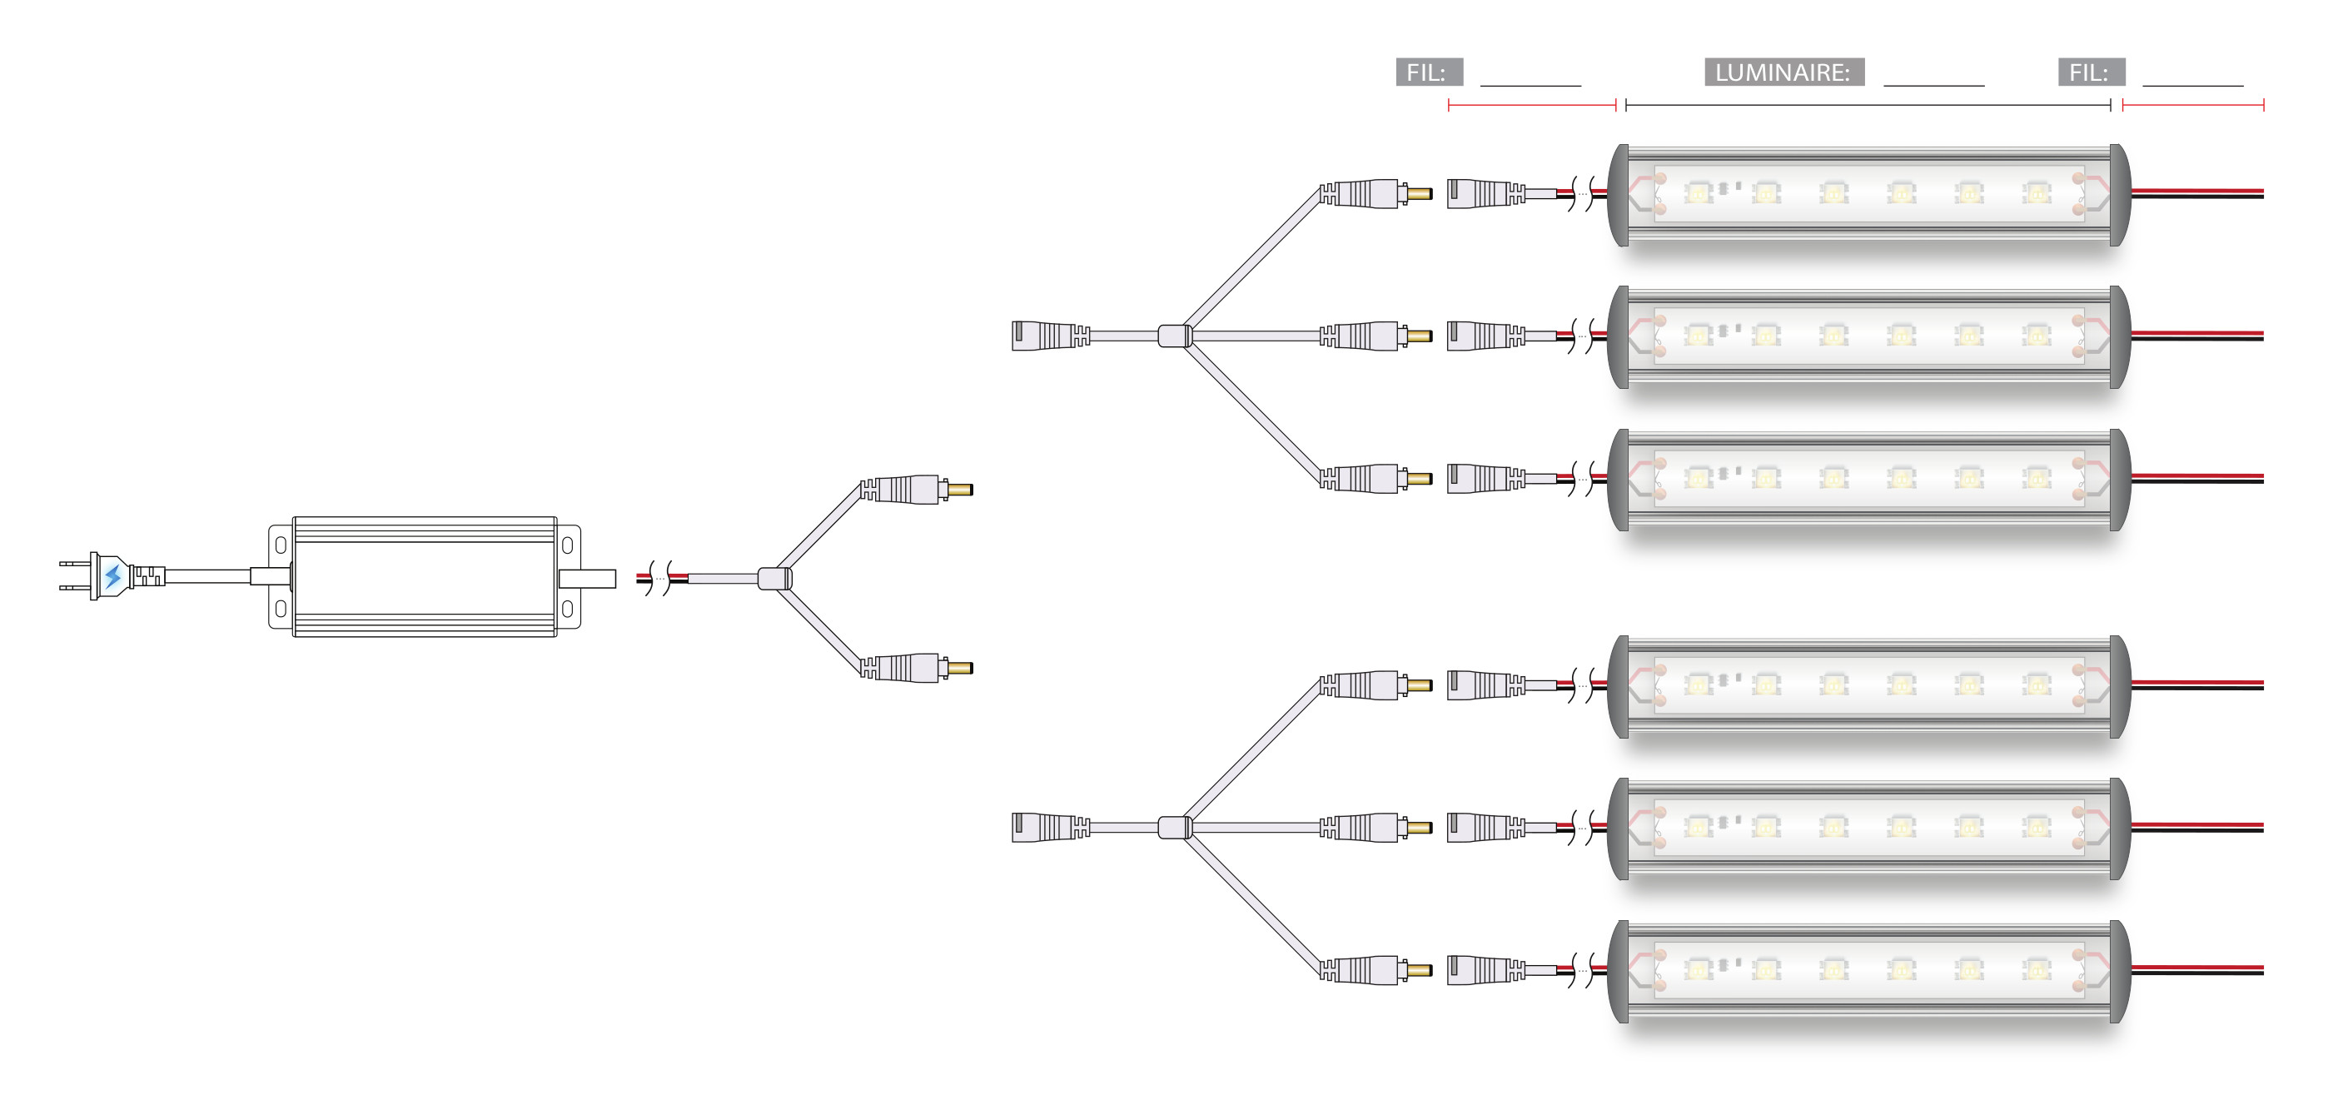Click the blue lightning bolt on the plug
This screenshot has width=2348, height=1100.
coord(113,576)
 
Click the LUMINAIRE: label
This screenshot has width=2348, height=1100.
coord(1783,72)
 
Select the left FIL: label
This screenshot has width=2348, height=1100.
coord(1428,72)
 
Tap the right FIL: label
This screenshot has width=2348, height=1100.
coord(2090,72)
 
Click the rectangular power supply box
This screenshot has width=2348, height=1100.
coord(424,576)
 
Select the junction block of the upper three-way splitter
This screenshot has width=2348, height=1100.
coord(1174,336)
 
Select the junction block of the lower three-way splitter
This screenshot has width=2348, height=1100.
coord(1174,828)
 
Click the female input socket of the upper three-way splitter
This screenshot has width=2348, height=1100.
coord(1048,336)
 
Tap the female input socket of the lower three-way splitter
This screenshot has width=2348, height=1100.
coord(1048,828)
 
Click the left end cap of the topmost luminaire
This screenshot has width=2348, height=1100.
coord(1618,194)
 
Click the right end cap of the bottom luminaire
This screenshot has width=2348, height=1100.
coord(2119,971)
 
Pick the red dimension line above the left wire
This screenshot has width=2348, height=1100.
coord(1531,106)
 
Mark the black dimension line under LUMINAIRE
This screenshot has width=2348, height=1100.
coord(1868,106)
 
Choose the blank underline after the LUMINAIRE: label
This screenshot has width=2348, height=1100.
coord(1933,84)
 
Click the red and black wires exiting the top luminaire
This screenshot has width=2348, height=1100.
coord(2196,193)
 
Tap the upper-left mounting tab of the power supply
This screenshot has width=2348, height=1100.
coord(281,544)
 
